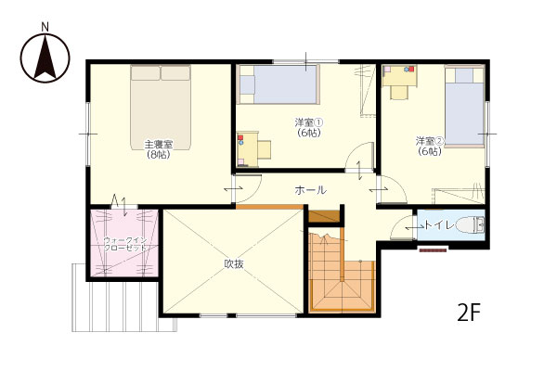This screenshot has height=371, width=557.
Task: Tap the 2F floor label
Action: [469, 313]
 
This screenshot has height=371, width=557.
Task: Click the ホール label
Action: [310, 190]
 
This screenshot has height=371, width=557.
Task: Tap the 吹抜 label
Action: [234, 263]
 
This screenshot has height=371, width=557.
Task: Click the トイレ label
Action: [439, 225]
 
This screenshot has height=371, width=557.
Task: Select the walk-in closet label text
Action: [125, 244]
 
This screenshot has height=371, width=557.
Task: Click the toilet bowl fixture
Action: [470, 225]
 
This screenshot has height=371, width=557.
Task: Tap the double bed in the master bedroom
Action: [161, 108]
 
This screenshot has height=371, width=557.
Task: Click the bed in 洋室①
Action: [278, 84]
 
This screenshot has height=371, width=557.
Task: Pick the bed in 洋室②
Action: [464, 106]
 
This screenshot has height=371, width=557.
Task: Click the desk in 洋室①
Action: [248, 149]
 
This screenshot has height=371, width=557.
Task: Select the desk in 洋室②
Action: [399, 75]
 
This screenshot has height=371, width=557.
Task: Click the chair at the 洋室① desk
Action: [265, 149]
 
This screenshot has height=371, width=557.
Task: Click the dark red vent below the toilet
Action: [433, 250]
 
